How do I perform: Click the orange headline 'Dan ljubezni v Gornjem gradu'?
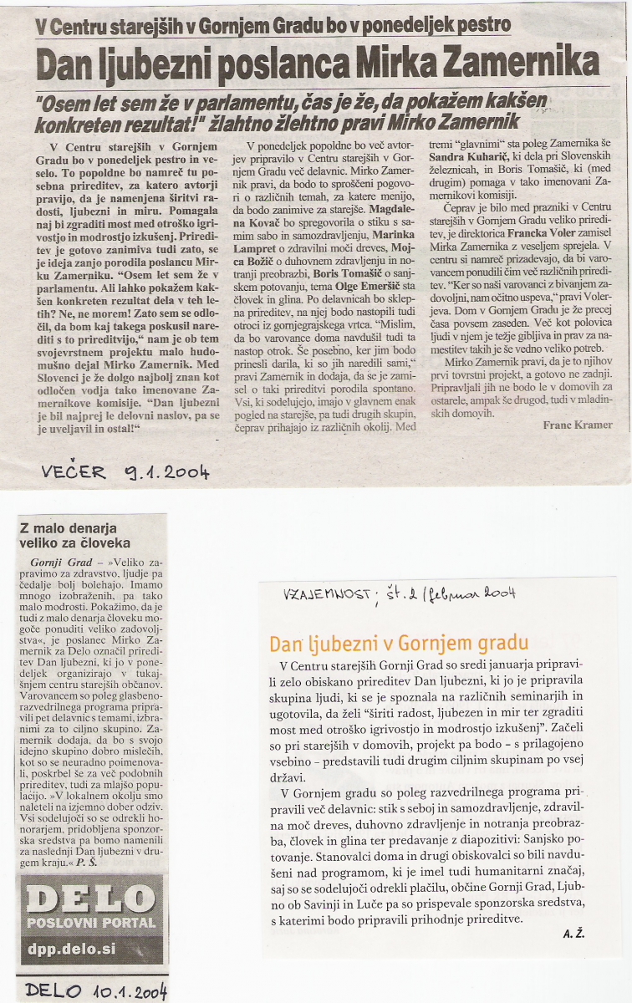pos(398,643)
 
